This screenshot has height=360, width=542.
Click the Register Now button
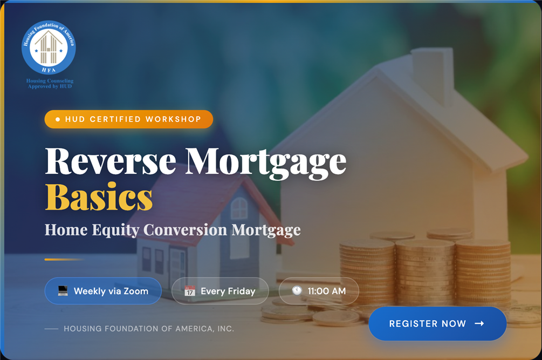tap(437, 323)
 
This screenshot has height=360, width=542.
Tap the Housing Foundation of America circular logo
tap(49, 47)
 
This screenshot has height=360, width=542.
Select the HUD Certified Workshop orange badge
tap(128, 119)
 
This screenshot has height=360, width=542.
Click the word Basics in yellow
tap(99, 197)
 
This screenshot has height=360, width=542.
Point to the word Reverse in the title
tap(111, 161)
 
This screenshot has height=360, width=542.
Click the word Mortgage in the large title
tap(265, 163)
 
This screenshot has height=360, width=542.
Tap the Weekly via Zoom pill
tap(103, 291)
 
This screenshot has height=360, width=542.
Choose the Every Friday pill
tap(220, 291)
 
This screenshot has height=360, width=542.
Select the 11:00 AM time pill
tap(319, 291)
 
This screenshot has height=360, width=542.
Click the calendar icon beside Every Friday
tap(190, 291)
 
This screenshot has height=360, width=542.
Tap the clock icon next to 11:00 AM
tap(297, 290)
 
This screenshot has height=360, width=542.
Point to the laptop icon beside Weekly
tap(63, 291)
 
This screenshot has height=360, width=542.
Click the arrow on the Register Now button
tap(479, 323)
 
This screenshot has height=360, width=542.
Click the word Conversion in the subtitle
tap(186, 229)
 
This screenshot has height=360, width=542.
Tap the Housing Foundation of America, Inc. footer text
tap(149, 329)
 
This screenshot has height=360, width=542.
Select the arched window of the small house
tap(239, 208)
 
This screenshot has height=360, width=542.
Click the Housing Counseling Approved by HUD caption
tap(50, 83)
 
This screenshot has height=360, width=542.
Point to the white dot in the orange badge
tap(58, 119)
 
